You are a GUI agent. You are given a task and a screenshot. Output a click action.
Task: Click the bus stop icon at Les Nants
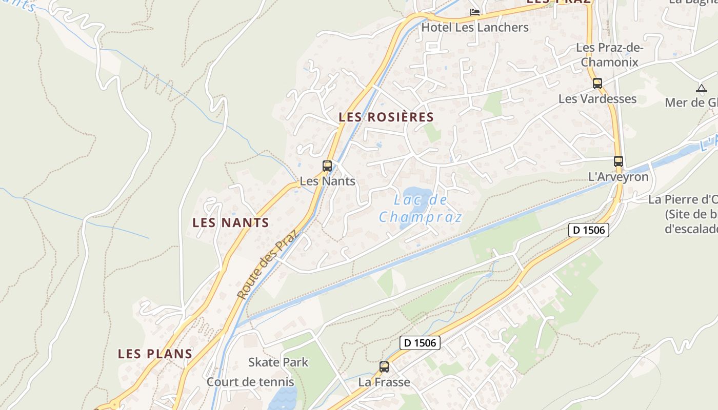tap(327, 166)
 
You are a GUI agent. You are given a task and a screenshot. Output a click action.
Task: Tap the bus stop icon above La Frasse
tap(384, 367)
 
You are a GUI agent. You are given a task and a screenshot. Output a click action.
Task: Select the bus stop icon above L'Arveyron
tap(619, 161)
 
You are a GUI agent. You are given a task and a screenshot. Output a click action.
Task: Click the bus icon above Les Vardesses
tap(597, 84)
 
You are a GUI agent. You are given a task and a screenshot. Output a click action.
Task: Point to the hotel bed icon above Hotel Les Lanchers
tap(475, 12)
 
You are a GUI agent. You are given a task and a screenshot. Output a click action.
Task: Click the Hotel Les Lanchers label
tap(475, 27)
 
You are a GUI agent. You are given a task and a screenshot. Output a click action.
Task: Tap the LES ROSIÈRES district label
tap(386, 117)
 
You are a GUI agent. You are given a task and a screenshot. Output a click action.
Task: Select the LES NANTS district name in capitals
tap(231, 223)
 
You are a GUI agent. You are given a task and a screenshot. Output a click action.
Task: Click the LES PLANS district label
tap(155, 354)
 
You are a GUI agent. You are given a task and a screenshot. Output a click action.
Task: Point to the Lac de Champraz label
tap(421, 209)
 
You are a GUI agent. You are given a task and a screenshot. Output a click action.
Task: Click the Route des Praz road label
tap(267, 264)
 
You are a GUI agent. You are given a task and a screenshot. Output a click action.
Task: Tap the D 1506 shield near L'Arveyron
tap(589, 230)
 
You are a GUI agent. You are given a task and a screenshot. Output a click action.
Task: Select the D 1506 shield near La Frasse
tap(420, 342)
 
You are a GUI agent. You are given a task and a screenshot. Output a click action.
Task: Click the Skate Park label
tap(278, 362)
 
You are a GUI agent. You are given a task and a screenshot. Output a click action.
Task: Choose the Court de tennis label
tap(250, 382)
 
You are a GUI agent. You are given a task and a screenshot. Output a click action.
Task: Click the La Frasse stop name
tap(384, 382)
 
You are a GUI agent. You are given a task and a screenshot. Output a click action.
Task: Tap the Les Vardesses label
tap(597, 99)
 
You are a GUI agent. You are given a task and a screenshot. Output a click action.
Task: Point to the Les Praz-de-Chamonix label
tap(609, 55)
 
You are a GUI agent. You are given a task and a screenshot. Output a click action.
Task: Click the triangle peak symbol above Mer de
tap(702, 88)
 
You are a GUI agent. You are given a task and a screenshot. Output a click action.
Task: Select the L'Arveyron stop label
tap(618, 177)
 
